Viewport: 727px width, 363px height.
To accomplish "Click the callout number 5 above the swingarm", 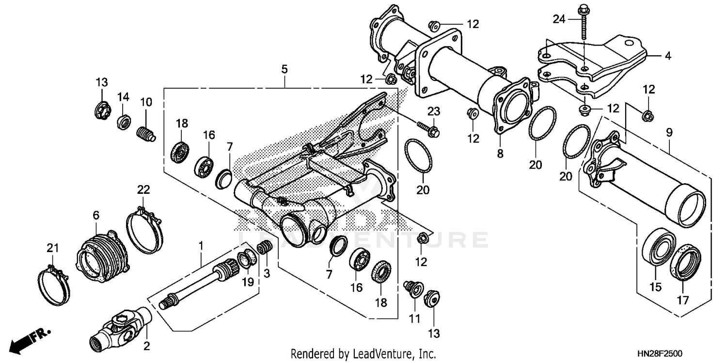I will click(x=284, y=69).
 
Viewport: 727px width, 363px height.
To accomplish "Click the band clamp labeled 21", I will click(x=53, y=286).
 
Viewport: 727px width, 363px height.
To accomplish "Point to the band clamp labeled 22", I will click(x=144, y=228).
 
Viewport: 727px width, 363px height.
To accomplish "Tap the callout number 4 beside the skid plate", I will click(x=668, y=56).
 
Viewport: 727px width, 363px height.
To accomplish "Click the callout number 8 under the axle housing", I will click(x=500, y=154).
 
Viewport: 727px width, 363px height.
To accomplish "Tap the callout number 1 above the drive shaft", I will click(x=200, y=247).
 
